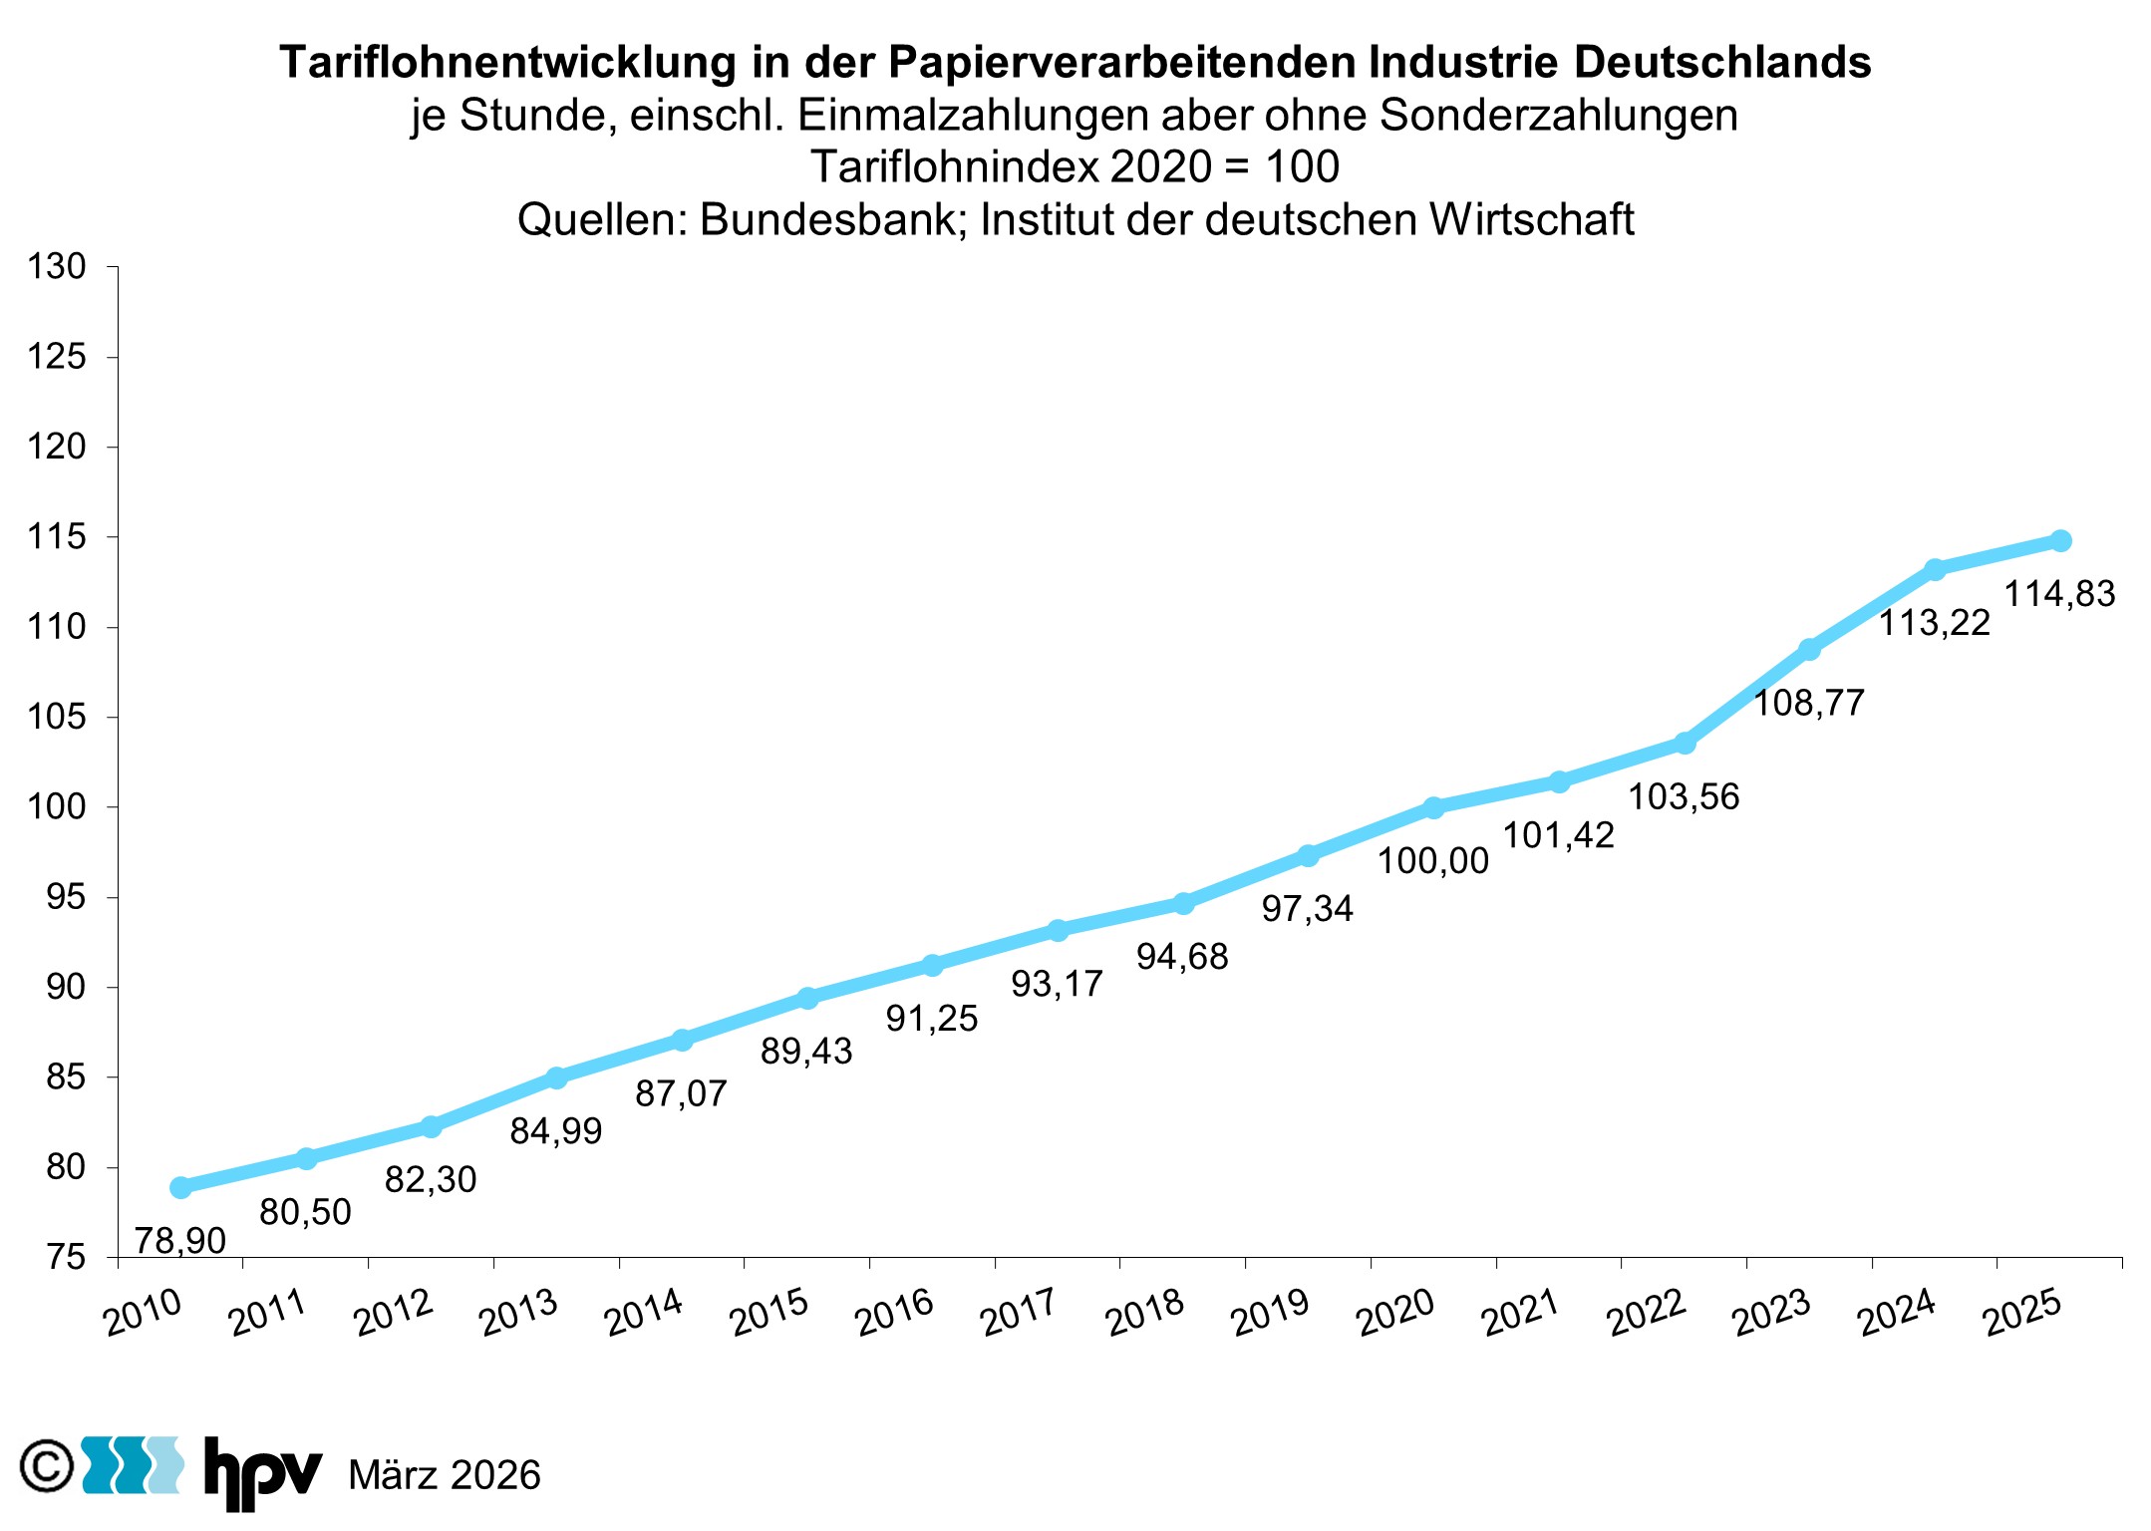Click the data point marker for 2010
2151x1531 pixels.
click(180, 1187)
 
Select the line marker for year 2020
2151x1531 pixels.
click(1433, 807)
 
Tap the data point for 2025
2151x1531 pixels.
click(2060, 540)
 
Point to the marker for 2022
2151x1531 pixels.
click(1685, 743)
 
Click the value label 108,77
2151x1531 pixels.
click(1808, 704)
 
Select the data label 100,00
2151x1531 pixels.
click(1432, 861)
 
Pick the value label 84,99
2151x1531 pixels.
click(555, 1131)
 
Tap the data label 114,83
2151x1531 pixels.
click(2059, 594)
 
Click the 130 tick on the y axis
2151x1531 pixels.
click(57, 267)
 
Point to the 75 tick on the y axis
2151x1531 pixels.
click(66, 1258)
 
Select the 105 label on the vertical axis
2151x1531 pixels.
click(57, 717)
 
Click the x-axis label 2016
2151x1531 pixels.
click(894, 1313)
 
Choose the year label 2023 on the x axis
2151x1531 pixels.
click(1771, 1313)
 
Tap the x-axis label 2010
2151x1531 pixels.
click(143, 1313)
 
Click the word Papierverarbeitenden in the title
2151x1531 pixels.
click(1121, 62)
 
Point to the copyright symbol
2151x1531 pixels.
click(47, 1466)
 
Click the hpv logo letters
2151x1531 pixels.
click(262, 1470)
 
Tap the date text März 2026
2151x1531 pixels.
click(444, 1475)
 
